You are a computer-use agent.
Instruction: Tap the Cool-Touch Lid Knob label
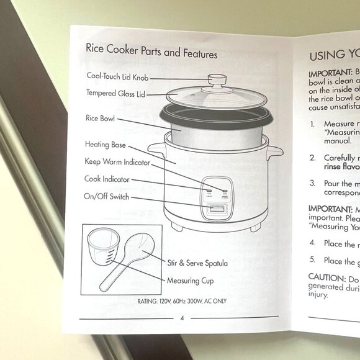pyautogui.click(x=117, y=78)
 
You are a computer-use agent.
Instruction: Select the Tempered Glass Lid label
pyautogui.click(x=115, y=94)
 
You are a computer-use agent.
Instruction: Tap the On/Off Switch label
pyautogui.click(x=106, y=197)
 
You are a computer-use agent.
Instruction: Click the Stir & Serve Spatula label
pyautogui.click(x=197, y=263)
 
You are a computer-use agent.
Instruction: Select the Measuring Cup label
pyautogui.click(x=190, y=281)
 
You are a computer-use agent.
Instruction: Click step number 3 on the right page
pyautogui.click(x=313, y=184)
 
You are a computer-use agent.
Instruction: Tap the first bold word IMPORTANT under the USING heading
pyautogui.click(x=331, y=72)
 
